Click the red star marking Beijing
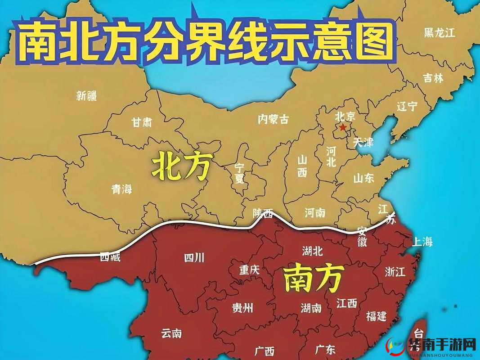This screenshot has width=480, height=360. click(x=343, y=128)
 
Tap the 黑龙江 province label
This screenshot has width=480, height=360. click(x=440, y=32)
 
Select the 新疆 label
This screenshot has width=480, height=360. click(x=86, y=95)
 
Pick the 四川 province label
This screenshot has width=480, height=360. click(x=194, y=258)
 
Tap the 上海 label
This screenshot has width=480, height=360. click(x=422, y=242)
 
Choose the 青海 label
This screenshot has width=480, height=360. click(x=121, y=189)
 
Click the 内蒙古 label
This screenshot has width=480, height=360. click(x=273, y=119)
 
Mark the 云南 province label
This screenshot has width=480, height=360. click(x=171, y=333)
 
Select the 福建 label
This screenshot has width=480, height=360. click(x=376, y=316)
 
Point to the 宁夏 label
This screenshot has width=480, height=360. click(x=239, y=173)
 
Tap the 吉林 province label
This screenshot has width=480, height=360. click(x=433, y=78)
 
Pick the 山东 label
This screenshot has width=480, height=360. click(x=363, y=178)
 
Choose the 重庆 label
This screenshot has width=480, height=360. click(x=249, y=270)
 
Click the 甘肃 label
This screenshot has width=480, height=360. click(x=141, y=122)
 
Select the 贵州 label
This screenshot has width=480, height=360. click(x=242, y=308)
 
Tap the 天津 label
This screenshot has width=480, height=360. click(x=363, y=143)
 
